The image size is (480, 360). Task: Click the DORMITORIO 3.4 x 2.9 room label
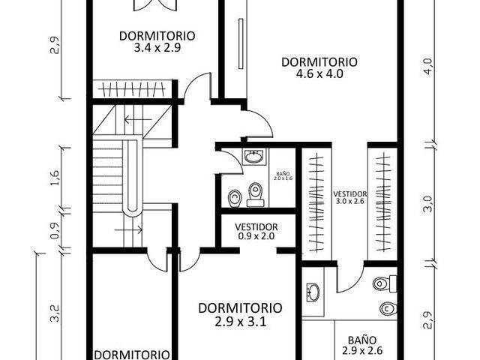[x=157, y=42]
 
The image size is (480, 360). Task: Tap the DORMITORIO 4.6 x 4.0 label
[x=319, y=67]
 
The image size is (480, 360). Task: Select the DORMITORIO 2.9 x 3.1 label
[x=240, y=315]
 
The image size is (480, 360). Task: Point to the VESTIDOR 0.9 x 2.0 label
[x=256, y=232]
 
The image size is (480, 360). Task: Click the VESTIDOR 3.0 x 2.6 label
[x=350, y=197]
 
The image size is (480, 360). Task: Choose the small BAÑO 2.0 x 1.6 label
[x=283, y=175]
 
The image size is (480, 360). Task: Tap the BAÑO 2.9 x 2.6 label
[x=362, y=345]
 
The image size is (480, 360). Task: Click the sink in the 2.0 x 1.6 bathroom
[x=253, y=157]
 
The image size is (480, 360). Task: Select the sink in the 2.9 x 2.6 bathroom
[x=313, y=292]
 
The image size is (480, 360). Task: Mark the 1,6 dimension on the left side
[x=54, y=178]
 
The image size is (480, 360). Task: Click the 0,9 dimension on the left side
[x=54, y=230]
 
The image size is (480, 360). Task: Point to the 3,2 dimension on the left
[x=54, y=313]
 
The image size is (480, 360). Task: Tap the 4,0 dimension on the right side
[x=428, y=66]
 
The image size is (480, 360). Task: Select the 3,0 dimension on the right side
[x=428, y=204]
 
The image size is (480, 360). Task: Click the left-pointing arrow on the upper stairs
[x=138, y=119]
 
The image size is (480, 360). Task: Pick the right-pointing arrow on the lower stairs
[x=128, y=229]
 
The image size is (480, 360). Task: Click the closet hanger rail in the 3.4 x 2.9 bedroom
[x=132, y=89]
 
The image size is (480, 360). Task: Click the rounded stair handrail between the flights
[x=132, y=177]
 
